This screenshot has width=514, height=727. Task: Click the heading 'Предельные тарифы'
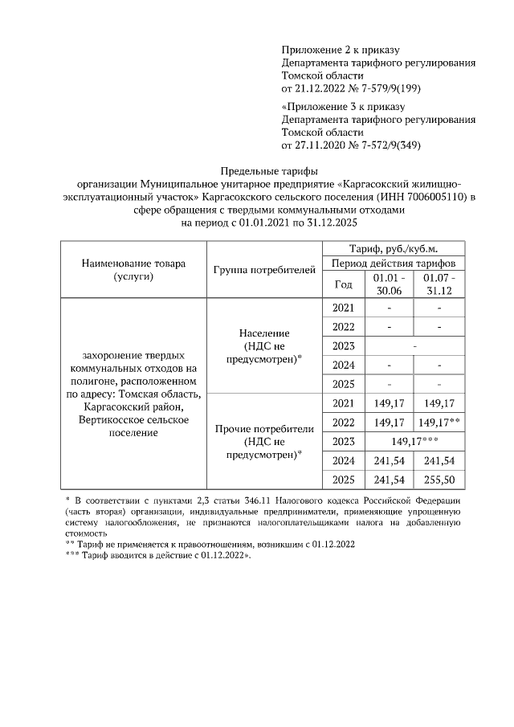pos(270,170)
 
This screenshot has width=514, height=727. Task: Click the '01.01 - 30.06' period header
pos(388,284)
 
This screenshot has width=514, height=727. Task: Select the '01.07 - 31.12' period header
pos(439,284)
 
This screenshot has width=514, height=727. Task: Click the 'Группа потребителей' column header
pos(264,269)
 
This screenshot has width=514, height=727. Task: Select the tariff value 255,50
pos(439,480)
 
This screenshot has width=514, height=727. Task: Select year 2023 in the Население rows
pos(343,345)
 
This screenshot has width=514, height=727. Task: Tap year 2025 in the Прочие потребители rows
pos(343,480)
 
